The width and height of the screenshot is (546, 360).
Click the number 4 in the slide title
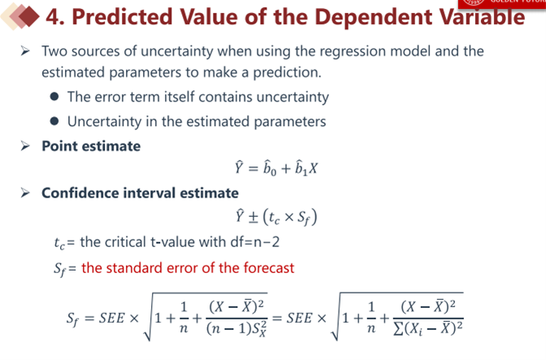(53, 17)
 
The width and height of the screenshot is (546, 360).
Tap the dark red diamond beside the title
(29, 16)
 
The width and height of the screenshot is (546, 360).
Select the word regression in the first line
(353, 51)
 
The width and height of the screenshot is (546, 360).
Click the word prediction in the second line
(287, 72)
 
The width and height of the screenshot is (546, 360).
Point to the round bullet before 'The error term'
(54, 97)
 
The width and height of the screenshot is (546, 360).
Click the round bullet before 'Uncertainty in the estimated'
(54, 121)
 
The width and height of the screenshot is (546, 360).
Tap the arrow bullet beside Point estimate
(25, 146)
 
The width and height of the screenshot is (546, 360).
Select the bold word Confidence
(80, 193)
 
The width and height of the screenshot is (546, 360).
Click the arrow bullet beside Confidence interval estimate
(25, 193)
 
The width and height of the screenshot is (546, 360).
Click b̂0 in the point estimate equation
(270, 168)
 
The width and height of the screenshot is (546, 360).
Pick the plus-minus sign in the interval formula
(253, 217)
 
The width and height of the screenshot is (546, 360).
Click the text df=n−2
(255, 241)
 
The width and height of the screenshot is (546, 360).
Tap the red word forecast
(268, 267)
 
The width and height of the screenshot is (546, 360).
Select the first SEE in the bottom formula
(112, 318)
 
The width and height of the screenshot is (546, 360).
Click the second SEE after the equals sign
(300, 318)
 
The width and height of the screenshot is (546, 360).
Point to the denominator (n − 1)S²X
(236, 329)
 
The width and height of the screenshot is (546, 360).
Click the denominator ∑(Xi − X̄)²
(428, 328)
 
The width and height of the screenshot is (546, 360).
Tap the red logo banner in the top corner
(502, 3)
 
